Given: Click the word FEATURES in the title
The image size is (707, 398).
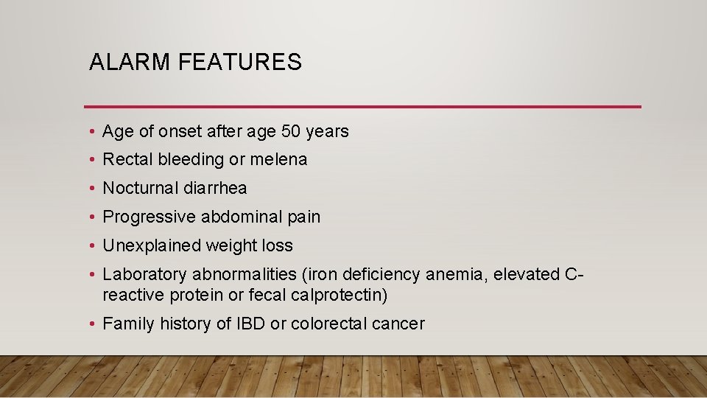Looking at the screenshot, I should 240,63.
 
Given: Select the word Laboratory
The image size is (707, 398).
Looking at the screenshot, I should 145,274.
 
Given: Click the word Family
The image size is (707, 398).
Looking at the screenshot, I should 125,324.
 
